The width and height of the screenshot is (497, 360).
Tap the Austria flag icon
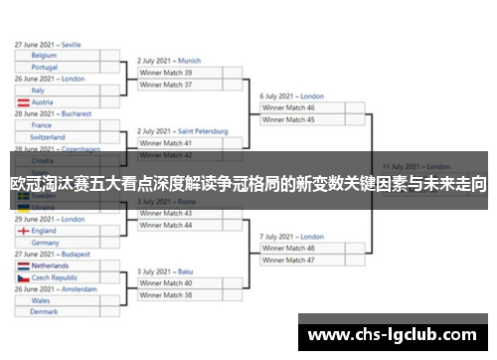(23, 101)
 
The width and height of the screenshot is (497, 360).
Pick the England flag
(23, 231)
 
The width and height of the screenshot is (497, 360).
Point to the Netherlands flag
(23, 267)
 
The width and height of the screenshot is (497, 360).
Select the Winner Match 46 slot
(297, 107)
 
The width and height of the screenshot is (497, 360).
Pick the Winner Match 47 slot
(297, 260)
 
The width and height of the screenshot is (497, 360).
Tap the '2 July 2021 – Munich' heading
(169, 61)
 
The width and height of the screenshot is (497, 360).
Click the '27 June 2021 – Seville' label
(48, 44)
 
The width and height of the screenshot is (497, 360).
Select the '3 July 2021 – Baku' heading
(163, 271)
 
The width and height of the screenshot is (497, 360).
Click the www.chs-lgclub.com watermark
(394, 335)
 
